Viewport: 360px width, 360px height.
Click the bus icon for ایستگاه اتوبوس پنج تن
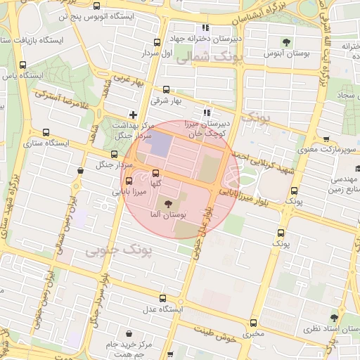click(x=96, y=7)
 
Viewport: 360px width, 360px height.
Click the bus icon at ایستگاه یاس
click(x=22, y=65)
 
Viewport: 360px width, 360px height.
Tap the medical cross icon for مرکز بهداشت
click(x=133, y=114)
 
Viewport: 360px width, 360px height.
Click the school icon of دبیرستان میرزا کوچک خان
click(x=206, y=112)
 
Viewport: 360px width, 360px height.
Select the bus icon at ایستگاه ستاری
click(x=46, y=132)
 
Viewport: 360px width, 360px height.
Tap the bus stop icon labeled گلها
click(x=155, y=173)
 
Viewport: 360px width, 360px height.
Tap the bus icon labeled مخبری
click(x=253, y=322)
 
